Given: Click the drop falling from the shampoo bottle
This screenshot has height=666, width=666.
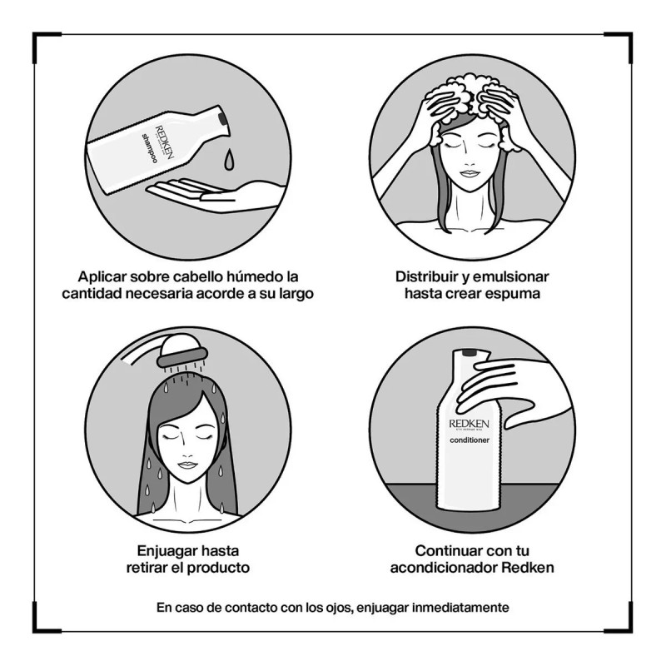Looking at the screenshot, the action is [229, 159].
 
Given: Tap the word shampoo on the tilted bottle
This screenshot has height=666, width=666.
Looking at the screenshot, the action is [150, 148].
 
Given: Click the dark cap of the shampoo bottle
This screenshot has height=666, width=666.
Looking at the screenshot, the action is [222, 119].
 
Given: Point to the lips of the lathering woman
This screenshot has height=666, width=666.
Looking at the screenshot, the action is [470, 174].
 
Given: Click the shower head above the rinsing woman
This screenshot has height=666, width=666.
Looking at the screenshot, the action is [181, 350].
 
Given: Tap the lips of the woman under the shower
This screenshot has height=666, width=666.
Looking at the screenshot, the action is [186, 465].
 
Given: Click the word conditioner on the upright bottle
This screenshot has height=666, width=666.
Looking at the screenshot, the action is [470, 440].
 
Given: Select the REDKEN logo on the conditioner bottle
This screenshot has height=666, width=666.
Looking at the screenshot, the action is [469, 424].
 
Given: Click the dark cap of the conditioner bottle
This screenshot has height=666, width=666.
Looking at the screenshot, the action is [469, 352].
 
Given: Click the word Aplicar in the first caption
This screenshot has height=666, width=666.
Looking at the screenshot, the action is [102, 277].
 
